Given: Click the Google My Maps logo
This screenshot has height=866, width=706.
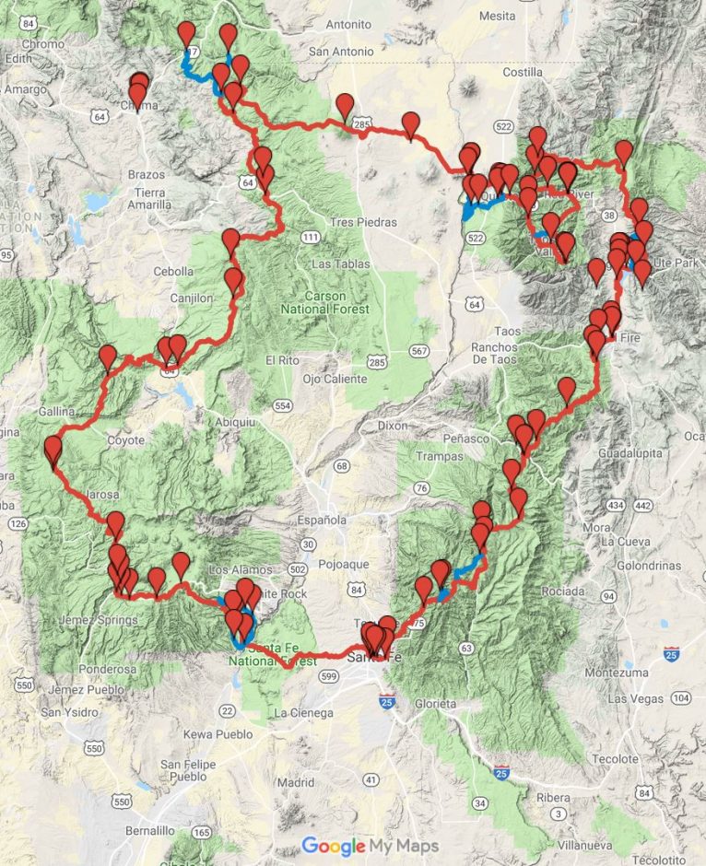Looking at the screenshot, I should pos(370,845).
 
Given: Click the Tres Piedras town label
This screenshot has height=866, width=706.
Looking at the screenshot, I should pos(367,222).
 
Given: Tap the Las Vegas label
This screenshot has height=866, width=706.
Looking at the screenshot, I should pos(636,699).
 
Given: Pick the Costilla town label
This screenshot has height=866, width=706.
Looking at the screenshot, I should pos(523,72).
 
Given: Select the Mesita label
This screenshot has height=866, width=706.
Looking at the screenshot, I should pos(497,16).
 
